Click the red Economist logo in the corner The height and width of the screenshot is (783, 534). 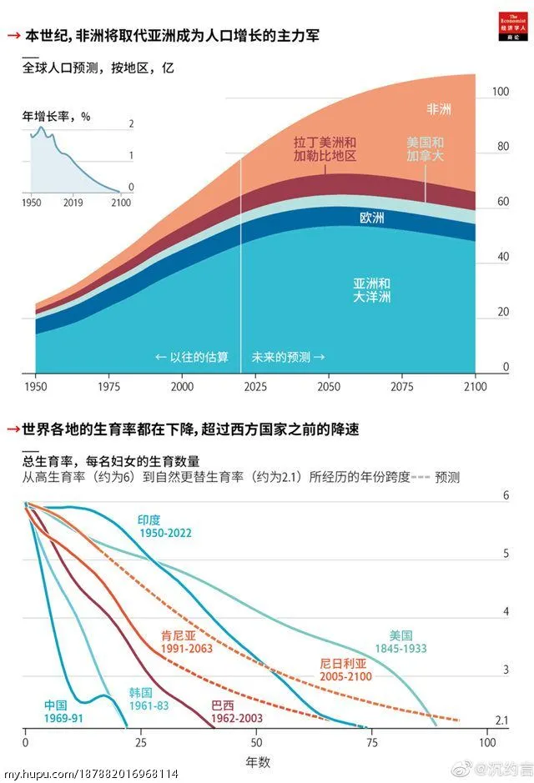tap(510, 21)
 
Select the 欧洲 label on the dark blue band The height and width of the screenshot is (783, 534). tap(371, 218)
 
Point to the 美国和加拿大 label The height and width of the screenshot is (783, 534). tap(426, 149)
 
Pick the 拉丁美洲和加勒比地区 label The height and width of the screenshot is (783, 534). tap(325, 149)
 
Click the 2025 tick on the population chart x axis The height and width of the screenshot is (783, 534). tap(255, 387)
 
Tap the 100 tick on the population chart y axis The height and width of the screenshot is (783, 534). tap(500, 92)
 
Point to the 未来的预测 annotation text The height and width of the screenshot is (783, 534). tap(288, 357)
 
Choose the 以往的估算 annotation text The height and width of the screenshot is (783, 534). tap(194, 357)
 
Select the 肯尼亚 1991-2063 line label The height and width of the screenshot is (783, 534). tap(187, 641)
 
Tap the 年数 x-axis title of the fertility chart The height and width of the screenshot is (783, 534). tap(257, 762)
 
